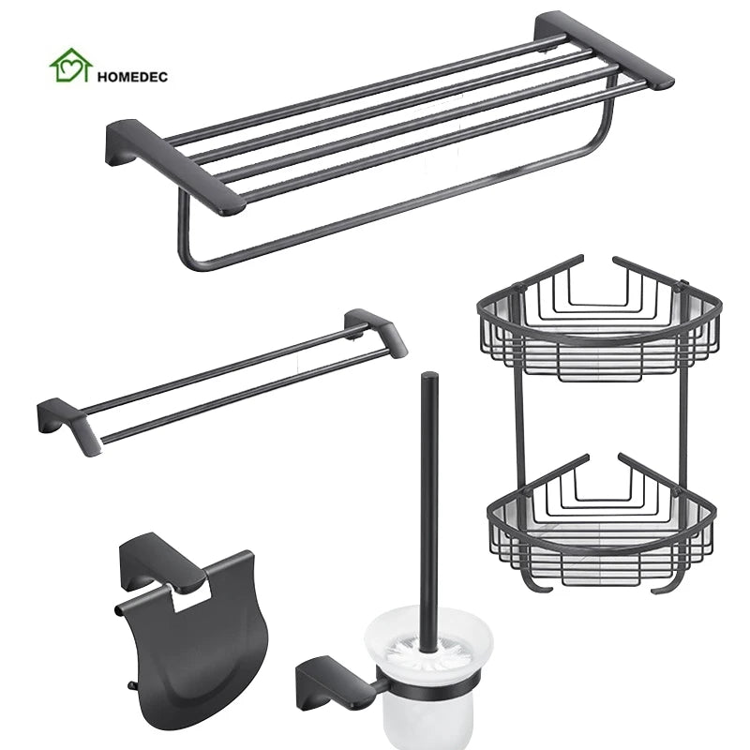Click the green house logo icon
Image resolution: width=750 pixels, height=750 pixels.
tap(71, 66)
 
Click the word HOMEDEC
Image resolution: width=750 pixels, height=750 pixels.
tap(132, 77)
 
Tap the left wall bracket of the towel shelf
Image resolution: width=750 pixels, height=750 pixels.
tap(175, 167)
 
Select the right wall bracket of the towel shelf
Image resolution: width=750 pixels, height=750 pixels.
tap(604, 51)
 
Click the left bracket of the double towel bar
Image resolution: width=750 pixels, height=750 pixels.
tap(69, 426)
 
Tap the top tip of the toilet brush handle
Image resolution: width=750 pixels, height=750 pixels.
tap(429, 374)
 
